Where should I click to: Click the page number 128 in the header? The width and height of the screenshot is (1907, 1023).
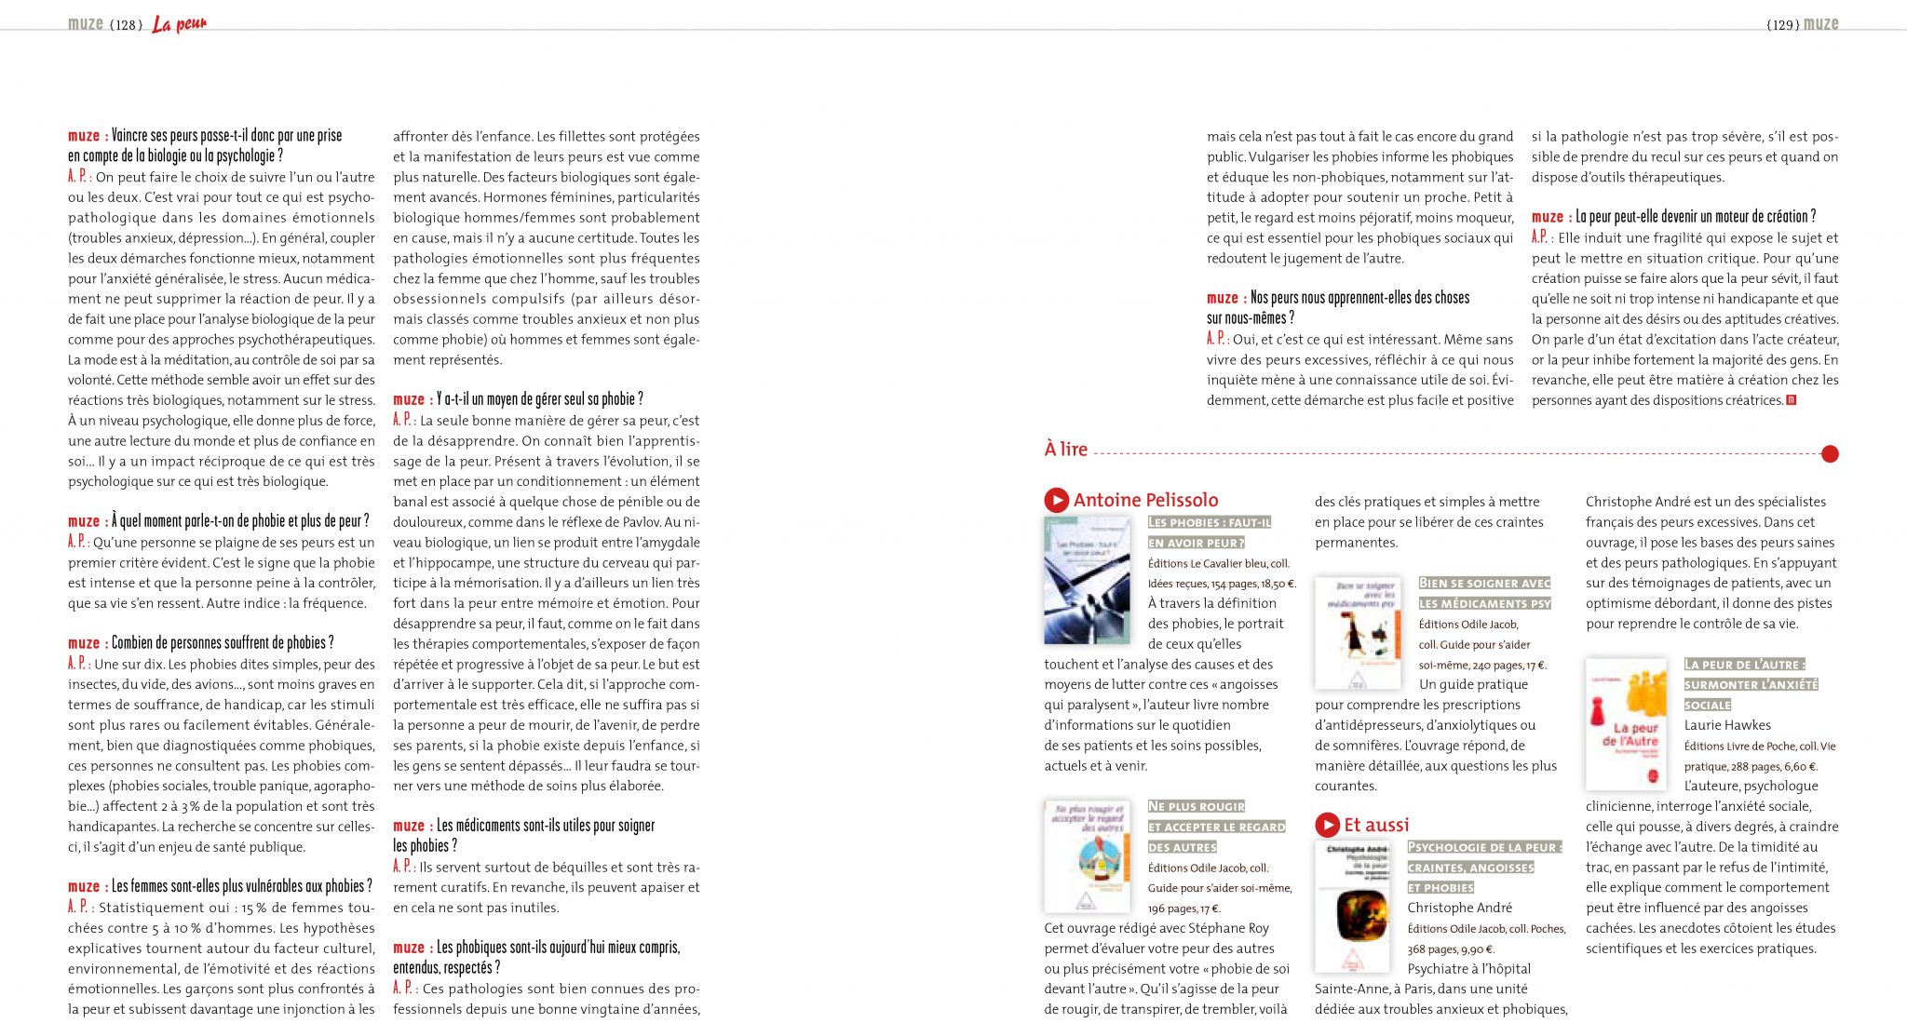click(126, 25)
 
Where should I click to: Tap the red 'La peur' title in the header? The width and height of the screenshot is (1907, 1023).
click(180, 24)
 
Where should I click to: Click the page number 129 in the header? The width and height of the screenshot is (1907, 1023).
click(1782, 25)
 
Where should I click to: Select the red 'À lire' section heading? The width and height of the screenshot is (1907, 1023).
click(1065, 449)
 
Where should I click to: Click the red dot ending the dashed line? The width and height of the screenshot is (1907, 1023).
click(1829, 454)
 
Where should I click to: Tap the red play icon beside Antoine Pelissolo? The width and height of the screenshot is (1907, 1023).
click(1056, 500)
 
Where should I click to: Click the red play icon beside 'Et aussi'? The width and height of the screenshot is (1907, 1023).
click(1327, 825)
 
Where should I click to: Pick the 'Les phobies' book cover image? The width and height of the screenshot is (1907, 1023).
click(1087, 581)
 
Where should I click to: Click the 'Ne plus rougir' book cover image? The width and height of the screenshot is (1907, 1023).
click(1087, 855)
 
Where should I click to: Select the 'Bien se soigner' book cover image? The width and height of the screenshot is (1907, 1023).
click(1358, 633)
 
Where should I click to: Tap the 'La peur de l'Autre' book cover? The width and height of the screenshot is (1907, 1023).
click(1626, 724)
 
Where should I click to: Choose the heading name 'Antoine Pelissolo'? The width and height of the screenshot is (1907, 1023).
click(1145, 500)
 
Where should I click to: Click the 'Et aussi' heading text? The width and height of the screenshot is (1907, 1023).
click(1376, 825)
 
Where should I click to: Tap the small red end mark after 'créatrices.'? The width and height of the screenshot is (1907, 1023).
click(1792, 400)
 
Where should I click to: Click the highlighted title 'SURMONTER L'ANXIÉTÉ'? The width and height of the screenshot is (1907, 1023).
click(1751, 684)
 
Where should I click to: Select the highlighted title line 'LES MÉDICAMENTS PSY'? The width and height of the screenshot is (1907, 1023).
click(1484, 603)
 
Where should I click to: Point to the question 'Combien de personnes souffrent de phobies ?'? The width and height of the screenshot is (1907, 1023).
click(223, 643)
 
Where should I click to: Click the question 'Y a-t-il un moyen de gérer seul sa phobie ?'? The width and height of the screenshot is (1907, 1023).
click(540, 399)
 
